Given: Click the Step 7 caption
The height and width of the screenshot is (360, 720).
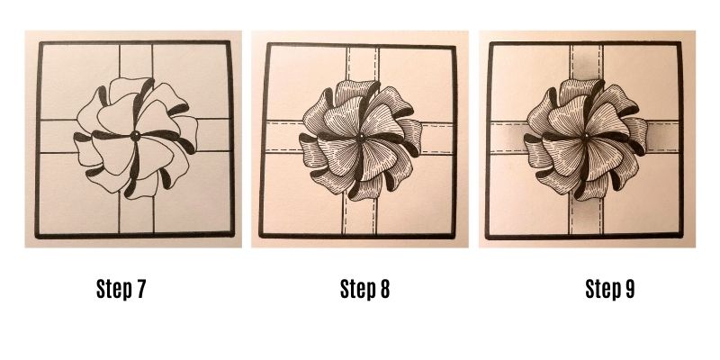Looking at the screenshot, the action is coord(121,289).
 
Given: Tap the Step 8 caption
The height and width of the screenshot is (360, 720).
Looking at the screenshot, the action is coord(364,289).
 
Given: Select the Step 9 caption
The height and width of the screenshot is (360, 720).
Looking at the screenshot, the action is coord(610,289).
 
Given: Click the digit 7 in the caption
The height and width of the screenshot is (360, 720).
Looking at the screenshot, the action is coord(140,289).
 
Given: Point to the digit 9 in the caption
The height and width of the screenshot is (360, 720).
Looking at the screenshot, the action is coord(629,289).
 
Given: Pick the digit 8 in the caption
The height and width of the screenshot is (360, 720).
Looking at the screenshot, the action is coord(384,289).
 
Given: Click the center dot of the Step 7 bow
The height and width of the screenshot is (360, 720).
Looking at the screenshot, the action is coord(135,136).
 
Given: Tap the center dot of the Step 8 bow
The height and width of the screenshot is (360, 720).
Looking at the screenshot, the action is coord(361,138).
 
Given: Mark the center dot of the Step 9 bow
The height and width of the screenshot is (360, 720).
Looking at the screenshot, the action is coord(586,138).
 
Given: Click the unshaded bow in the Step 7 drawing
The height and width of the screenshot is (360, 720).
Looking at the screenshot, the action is coord(135,138).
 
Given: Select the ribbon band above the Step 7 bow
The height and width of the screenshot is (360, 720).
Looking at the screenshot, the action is coord(136,61).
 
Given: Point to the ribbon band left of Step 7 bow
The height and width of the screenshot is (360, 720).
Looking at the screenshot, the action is coord(58,136).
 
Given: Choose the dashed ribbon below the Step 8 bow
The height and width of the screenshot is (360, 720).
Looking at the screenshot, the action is coord(358,215).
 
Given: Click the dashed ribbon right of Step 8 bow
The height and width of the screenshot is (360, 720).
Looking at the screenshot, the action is coord(436,138).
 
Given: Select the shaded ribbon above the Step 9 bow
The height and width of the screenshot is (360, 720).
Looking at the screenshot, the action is coord(587,63).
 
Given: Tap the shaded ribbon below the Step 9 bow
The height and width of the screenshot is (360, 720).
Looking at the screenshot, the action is coord(585,215).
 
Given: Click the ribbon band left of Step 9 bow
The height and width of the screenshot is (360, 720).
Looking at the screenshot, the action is coord(509,137).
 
